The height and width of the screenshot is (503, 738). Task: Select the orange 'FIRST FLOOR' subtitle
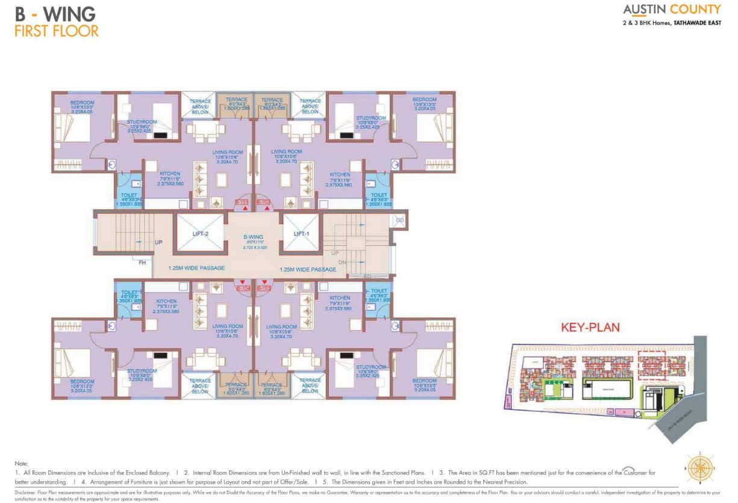tap(57, 30)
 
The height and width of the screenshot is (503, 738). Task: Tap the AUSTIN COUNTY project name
tap(671, 9)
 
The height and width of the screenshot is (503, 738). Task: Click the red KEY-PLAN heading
tap(590, 327)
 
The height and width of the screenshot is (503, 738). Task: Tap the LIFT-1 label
tap(301, 233)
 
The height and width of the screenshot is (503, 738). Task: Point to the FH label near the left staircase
tap(142, 262)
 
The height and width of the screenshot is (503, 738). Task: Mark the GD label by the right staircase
tap(399, 221)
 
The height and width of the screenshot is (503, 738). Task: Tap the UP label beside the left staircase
tap(159, 242)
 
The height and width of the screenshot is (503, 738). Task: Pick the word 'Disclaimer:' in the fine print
tap(24, 492)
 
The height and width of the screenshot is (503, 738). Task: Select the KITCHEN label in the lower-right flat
tap(340, 298)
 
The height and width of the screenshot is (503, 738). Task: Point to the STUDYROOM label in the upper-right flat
tap(371, 118)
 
